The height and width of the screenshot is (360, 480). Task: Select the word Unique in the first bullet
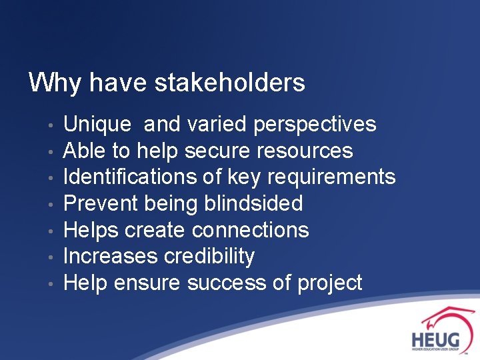click(97, 125)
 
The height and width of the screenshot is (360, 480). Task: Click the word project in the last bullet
click(329, 283)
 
